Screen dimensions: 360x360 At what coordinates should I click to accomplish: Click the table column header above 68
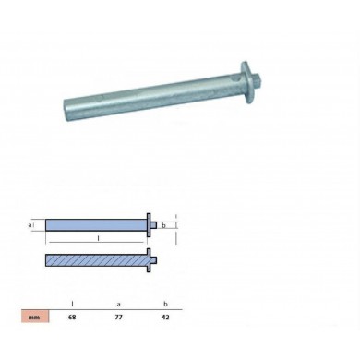72,302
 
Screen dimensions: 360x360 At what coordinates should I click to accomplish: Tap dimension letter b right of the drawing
162,224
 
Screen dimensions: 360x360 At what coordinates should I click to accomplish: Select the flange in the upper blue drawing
148,224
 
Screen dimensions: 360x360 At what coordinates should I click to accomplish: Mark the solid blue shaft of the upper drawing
92,224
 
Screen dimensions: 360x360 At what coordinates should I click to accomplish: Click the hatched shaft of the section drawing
92,260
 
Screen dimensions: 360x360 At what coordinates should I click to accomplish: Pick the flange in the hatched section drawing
148,260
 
